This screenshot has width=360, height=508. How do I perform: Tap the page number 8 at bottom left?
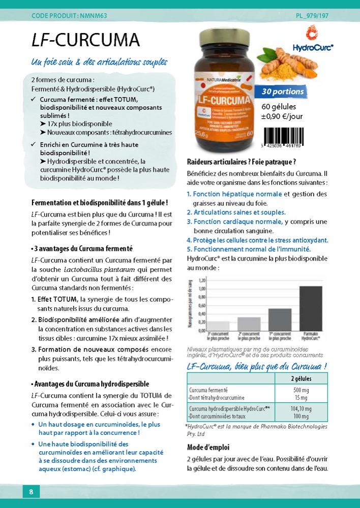(x=31, y=492)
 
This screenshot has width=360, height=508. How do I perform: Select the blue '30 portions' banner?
(x=283, y=92)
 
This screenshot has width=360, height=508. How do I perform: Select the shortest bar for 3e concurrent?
(x=205, y=325)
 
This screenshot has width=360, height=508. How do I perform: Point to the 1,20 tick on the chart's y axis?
(x=201, y=280)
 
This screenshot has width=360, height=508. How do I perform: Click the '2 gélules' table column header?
(x=301, y=379)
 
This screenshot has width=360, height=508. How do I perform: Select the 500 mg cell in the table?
(x=301, y=390)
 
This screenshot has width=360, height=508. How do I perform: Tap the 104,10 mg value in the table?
(x=301, y=409)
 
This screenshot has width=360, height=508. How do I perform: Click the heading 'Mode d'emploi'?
(x=208, y=448)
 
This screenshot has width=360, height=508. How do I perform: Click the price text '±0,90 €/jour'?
(x=282, y=116)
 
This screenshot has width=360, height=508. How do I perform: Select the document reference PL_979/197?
(x=312, y=16)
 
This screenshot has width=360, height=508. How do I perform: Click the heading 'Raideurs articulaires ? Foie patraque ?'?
(x=242, y=162)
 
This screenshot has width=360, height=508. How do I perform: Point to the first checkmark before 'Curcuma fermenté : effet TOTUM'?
(x=33, y=99)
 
